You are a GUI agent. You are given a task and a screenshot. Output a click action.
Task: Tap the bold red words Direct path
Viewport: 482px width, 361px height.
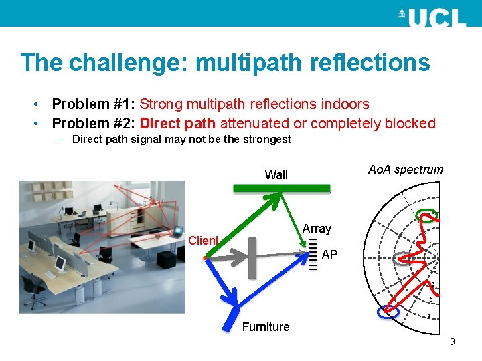(x=178, y=124)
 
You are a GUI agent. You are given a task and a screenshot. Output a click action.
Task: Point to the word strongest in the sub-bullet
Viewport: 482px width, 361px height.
(x=266, y=140)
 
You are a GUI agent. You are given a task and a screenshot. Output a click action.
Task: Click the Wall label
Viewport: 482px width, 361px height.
(x=276, y=175)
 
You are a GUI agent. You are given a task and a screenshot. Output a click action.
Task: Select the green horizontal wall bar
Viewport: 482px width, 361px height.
(x=282, y=189)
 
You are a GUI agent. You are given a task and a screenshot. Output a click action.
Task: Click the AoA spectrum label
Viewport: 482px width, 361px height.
(x=406, y=170)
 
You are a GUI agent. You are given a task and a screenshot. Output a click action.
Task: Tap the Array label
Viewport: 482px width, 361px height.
(x=317, y=229)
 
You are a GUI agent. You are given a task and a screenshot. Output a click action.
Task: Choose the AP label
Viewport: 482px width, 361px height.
(x=329, y=255)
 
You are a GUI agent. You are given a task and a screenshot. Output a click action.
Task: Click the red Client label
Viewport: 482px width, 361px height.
(x=204, y=241)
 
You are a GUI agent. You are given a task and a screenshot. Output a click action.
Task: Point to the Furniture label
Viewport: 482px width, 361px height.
(x=266, y=327)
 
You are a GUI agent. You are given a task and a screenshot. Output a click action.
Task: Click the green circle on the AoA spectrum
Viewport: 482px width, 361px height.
(x=427, y=215)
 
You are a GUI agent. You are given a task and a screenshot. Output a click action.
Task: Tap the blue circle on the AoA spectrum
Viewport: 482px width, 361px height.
(x=387, y=311)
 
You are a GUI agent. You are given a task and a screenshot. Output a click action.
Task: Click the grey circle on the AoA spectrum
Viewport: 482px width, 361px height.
(x=404, y=259)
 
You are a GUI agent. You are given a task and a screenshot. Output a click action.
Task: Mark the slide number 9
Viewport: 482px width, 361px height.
(x=453, y=342)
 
